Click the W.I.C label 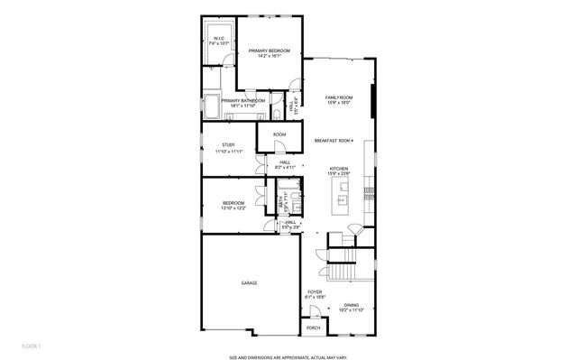pyautogui.click(x=219, y=38)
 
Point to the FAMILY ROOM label pyautogui.click(x=339, y=97)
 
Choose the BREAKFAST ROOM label pyautogui.click(x=332, y=140)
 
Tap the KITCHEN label pyautogui.click(x=338, y=169)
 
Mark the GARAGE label pyautogui.click(x=249, y=283)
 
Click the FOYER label pyautogui.click(x=314, y=291)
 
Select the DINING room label pyautogui.click(x=352, y=306)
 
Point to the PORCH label pyautogui.click(x=313, y=328)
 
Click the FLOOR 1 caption pyautogui.click(x=32, y=345)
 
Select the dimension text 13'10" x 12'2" pyautogui.click(x=234, y=208)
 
